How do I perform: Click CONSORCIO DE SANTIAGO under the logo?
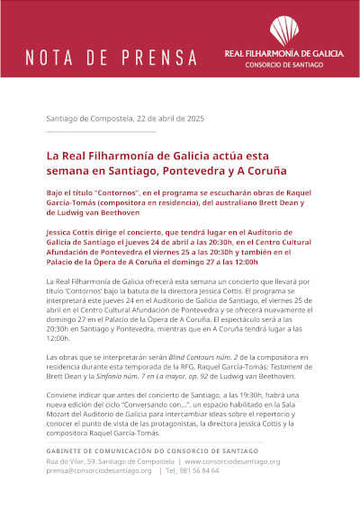283,66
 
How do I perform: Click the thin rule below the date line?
101,132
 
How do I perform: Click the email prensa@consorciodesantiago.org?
99,470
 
